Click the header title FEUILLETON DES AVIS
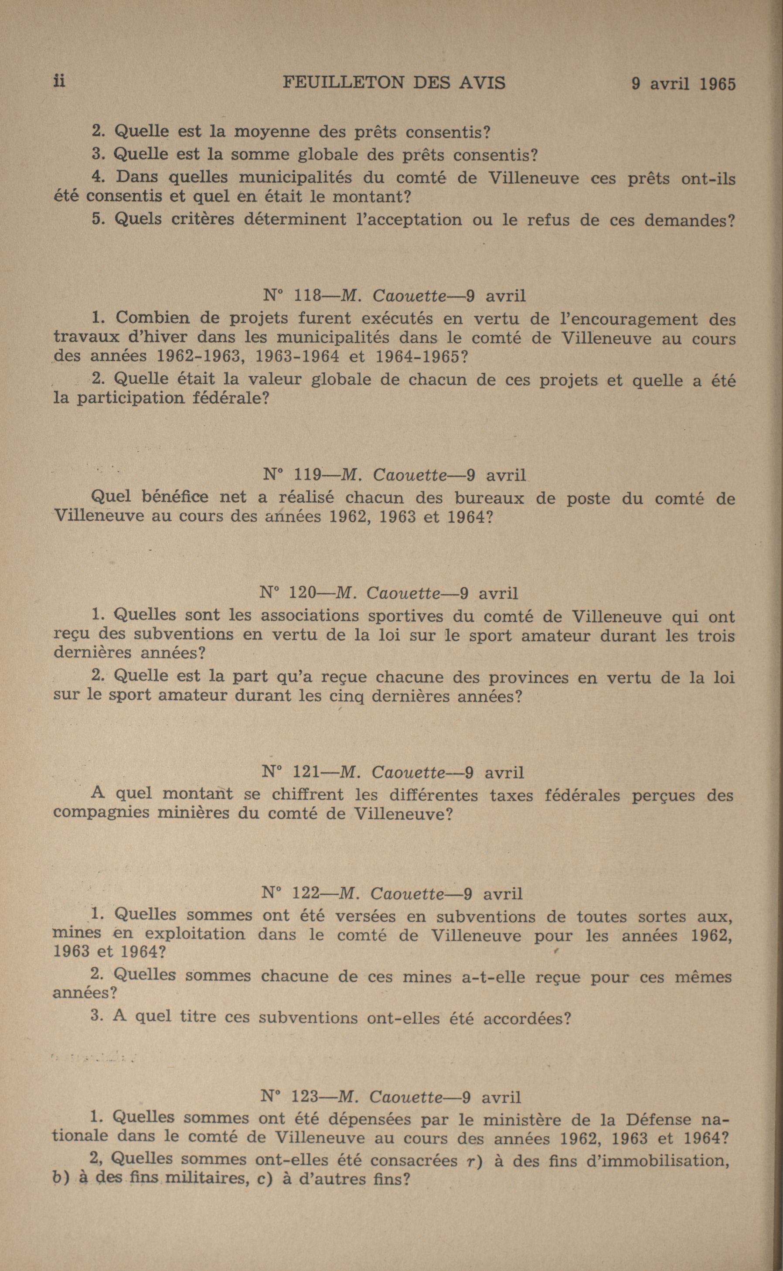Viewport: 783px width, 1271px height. pyautogui.click(x=394, y=83)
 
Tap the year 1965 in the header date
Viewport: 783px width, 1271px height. pyautogui.click(x=717, y=85)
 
